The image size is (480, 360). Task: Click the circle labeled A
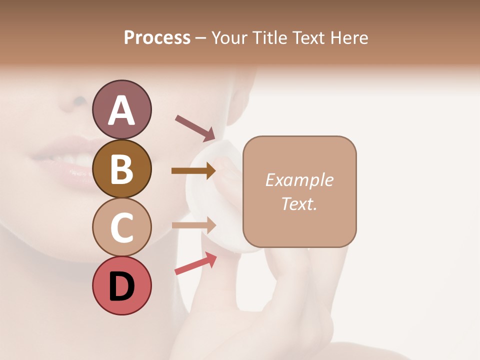point(121,109)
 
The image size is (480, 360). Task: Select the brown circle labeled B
point(121,168)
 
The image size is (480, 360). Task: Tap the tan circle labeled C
point(121,227)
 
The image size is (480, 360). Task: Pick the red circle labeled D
point(121,285)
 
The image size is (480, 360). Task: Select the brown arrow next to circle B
point(193,171)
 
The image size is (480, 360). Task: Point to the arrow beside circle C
point(193,225)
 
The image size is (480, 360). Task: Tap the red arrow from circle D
point(195,264)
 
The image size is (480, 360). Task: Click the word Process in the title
point(157,37)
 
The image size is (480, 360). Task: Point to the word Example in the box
point(299,180)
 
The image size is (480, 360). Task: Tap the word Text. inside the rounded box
point(299,203)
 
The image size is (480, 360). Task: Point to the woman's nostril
point(79,101)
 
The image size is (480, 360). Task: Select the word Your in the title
point(229,37)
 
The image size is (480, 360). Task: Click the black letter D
point(121,286)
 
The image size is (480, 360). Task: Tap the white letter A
point(121,110)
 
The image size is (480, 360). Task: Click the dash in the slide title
point(200,38)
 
